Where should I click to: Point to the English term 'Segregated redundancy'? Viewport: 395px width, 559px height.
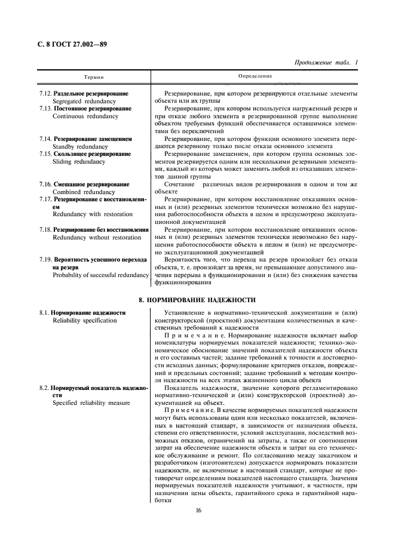pos(82,102)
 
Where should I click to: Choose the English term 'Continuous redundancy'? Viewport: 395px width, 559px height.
pos(82,116)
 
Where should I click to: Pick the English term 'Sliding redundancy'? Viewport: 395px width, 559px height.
pos(78,161)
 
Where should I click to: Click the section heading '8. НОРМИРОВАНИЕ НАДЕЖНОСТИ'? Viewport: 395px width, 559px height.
pos(197,299)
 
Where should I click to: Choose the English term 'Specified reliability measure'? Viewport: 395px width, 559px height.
pos(91,403)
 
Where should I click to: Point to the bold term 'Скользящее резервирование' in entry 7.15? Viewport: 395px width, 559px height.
pos(92,154)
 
